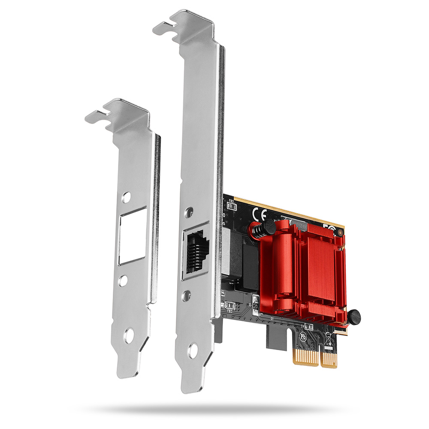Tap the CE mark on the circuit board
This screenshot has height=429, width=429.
pos(260,213)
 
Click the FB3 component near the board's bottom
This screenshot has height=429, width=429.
pos(230,305)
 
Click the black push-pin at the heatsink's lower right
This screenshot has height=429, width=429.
pos(353,317)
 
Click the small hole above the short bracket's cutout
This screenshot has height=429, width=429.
pos(126,197)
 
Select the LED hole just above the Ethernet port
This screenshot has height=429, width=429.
pos(187,211)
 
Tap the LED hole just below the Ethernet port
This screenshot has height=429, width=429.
pos(187,295)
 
